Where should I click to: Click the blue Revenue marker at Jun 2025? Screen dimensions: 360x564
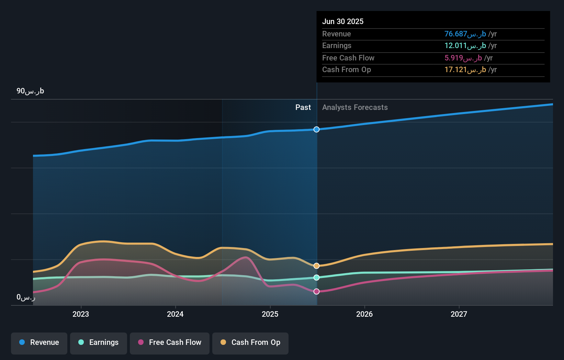(316, 130)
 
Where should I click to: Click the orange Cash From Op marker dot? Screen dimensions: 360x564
(316, 266)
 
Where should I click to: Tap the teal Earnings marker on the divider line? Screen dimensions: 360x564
(316, 278)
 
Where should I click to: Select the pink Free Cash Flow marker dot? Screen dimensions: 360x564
(316, 291)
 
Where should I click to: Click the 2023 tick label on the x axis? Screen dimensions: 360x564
(81, 314)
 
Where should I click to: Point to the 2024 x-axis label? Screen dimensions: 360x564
(175, 314)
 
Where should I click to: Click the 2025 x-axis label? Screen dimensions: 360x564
(270, 314)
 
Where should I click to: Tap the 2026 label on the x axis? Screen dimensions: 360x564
(364, 314)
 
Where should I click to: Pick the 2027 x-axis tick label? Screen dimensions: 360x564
(459, 314)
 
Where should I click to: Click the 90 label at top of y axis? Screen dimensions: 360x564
(30, 91)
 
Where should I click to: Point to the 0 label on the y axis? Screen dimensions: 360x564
(26, 297)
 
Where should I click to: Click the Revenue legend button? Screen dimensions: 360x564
(39, 342)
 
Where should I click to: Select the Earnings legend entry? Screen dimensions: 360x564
(99, 342)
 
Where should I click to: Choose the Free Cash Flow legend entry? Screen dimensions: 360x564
(170, 342)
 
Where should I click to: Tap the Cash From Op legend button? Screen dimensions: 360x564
(250, 342)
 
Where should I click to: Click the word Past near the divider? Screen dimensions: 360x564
(303, 108)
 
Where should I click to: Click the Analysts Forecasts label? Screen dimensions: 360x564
(355, 108)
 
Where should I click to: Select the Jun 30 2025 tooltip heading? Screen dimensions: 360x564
(343, 21)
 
